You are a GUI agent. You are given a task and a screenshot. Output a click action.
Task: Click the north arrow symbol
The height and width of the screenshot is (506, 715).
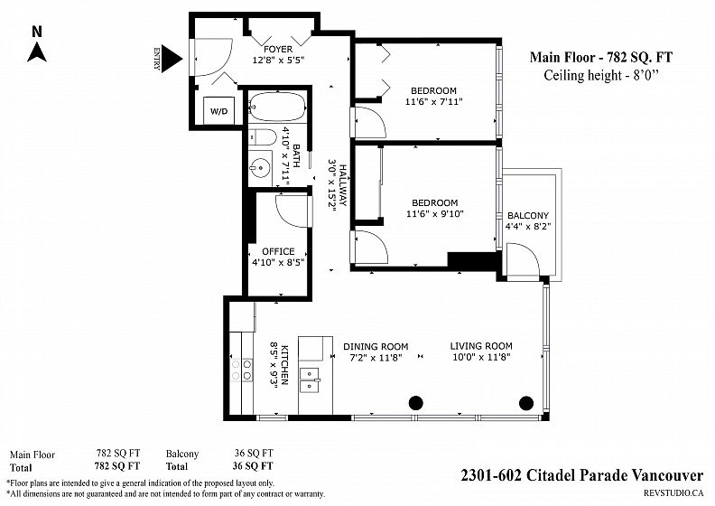[37, 52]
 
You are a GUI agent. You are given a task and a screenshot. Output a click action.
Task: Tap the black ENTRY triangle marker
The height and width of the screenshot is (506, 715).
[172, 59]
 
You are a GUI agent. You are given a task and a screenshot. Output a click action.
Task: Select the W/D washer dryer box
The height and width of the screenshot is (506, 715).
[218, 110]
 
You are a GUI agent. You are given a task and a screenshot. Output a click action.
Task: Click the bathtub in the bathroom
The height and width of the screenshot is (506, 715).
[277, 108]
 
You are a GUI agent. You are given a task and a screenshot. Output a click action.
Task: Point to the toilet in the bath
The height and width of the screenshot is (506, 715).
[263, 136]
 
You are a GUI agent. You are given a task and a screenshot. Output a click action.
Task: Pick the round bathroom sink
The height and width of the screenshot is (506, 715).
[260, 167]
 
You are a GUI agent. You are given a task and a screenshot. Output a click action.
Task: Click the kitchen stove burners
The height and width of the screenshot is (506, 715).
[242, 370]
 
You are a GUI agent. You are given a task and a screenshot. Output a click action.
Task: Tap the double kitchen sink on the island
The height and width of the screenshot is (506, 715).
[310, 380]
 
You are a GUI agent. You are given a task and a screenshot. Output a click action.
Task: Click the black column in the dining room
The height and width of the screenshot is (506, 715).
[415, 403]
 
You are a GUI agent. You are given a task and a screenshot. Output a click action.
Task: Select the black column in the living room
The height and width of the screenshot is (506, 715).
[526, 403]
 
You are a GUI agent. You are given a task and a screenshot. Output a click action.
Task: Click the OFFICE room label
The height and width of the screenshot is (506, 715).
[278, 251]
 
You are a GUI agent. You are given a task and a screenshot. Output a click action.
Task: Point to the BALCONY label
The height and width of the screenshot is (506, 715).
[528, 215]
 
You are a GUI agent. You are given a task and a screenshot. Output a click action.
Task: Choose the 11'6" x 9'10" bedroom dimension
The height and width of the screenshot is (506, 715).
[435, 213]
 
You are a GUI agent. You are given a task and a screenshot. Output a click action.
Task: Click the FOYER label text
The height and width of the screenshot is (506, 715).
[278, 49]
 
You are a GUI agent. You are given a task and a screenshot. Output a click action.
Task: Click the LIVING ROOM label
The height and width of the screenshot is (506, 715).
[481, 346]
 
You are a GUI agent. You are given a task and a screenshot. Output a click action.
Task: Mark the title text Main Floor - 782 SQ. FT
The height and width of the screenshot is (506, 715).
[601, 58]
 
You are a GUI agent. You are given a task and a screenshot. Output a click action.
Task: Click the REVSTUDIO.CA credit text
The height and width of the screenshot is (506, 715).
[673, 492]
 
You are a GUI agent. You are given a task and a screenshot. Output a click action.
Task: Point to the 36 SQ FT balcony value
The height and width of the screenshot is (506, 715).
[254, 453]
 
